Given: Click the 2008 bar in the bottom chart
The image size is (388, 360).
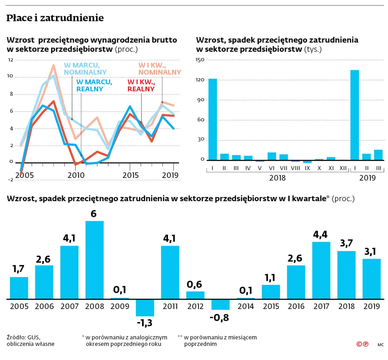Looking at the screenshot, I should [95, 260].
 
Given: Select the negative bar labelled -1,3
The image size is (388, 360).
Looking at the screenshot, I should [145, 308].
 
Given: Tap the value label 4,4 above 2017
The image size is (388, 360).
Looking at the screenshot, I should [320, 235].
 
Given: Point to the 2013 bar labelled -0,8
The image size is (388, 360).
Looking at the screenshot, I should [220, 305].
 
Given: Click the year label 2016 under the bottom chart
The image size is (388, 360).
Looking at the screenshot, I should [296, 306].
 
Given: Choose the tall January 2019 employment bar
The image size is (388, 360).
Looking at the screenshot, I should [354, 115].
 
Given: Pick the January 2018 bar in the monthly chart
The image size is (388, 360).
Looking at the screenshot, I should [213, 119].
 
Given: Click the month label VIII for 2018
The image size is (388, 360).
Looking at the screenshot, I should [295, 168].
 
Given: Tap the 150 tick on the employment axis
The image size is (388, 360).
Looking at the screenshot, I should [200, 60].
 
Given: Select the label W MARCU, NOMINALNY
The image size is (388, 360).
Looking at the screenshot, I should [85, 68].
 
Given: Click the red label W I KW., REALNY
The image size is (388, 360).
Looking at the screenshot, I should [141, 85].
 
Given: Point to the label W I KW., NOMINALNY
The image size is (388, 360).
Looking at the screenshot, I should [159, 68].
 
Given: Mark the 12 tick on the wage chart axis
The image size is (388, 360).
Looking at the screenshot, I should [11, 60].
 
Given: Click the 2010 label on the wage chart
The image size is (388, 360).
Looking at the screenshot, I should [76, 175].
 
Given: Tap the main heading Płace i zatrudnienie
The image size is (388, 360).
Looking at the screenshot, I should [55, 18].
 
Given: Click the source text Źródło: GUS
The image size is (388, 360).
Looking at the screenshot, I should [24, 337].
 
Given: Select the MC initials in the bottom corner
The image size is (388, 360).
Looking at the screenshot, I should [381, 344].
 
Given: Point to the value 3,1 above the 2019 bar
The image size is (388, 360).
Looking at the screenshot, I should [370, 252].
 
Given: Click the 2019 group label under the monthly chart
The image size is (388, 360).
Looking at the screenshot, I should [367, 178].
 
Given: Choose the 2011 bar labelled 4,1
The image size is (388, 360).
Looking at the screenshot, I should [170, 272].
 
